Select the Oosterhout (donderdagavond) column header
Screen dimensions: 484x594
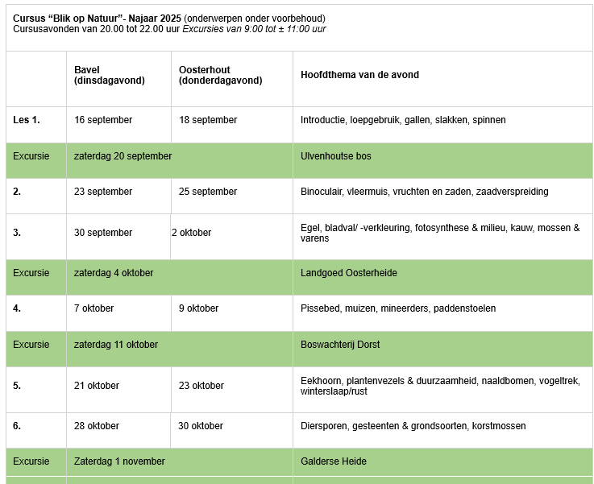click(x=220, y=75)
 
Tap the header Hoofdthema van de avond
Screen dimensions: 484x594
click(x=359, y=75)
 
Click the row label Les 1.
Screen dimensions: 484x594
click(x=27, y=120)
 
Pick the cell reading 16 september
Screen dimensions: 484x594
click(x=103, y=120)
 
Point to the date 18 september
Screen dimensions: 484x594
click(x=208, y=120)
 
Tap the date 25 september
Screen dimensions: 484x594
click(x=208, y=192)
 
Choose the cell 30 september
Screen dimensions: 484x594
click(x=103, y=233)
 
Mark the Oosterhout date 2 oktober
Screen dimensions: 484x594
click(x=191, y=233)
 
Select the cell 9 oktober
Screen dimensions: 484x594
click(x=198, y=308)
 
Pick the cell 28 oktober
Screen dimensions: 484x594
click(x=97, y=426)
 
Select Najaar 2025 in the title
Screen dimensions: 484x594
click(x=153, y=18)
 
